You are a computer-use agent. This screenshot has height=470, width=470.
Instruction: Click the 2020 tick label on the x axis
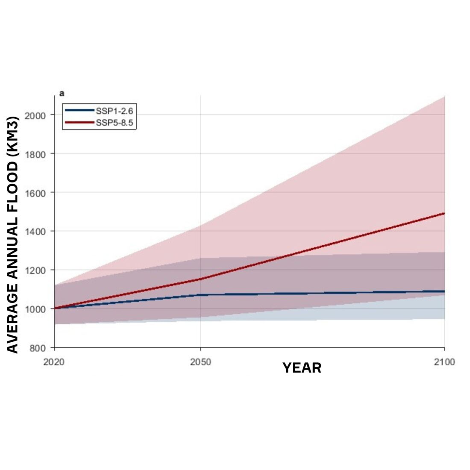tap(54, 362)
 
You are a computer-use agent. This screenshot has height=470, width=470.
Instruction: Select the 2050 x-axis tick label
tap(200, 362)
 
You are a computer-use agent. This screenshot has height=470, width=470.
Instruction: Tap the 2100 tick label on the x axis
tap(445, 362)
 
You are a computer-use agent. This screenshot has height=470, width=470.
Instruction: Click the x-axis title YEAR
tap(302, 368)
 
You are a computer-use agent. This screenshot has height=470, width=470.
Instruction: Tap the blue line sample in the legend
tap(79, 111)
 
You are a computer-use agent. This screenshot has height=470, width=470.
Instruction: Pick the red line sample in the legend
tap(79, 123)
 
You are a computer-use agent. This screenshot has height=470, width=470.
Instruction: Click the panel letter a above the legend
tap(62, 93)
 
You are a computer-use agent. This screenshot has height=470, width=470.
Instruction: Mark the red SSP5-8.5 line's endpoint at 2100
tap(444, 213)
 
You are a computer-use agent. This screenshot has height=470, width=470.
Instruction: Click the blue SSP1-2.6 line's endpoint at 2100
tap(444, 291)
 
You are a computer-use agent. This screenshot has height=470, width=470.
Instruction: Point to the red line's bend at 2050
tap(200, 279)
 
